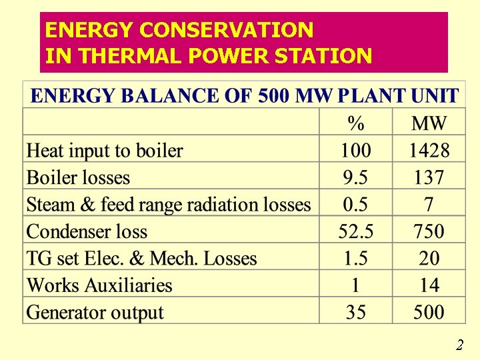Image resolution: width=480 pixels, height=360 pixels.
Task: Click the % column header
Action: click(355, 123)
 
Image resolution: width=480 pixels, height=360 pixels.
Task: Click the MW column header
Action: click(429, 123)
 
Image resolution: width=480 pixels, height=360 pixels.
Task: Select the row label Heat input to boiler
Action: click(105, 151)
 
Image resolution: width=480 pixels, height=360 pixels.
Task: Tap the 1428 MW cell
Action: click(429, 151)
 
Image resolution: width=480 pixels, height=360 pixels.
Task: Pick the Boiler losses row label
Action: click(78, 178)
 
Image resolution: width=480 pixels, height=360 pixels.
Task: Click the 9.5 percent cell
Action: click(355, 178)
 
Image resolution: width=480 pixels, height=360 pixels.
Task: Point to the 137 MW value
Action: click(429, 178)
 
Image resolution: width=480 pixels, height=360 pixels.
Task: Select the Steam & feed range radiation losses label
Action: click(169, 205)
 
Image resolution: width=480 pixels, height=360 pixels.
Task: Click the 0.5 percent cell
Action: click(355, 205)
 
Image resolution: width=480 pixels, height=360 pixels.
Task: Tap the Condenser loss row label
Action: click(87, 232)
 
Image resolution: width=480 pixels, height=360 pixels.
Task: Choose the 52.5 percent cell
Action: click(355, 232)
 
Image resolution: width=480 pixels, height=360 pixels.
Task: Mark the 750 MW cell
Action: click(429, 232)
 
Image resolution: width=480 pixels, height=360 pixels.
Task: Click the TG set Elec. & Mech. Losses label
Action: click(141, 259)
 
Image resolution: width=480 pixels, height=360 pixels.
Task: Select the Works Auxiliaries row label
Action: click(99, 286)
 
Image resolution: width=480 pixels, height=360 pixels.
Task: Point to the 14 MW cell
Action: click(429, 286)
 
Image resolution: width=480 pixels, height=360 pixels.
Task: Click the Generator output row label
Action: click(95, 313)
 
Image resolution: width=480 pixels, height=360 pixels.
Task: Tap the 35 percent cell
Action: click(355, 313)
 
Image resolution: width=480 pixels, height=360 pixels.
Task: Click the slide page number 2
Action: click(459, 345)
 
